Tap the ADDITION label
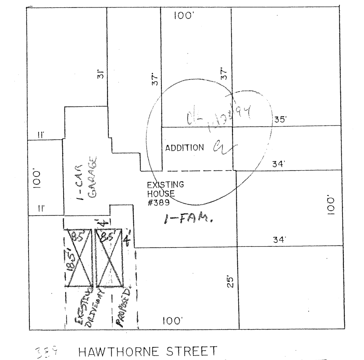[184, 148]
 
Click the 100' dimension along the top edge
[184, 16]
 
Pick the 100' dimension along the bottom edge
[172, 321]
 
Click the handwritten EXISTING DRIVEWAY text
[87, 307]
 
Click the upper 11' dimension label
[40, 136]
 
